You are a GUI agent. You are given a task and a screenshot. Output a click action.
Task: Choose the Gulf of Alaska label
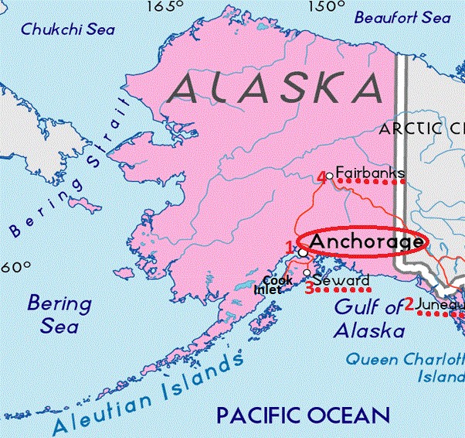pos(369,319)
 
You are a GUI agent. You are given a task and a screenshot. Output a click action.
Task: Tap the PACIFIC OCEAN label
pos(303,415)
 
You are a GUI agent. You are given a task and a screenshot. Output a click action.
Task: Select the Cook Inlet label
pos(274,285)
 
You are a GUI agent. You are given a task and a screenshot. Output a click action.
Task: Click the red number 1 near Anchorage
pos(290,247)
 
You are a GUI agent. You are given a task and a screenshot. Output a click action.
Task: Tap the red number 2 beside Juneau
pos(409,303)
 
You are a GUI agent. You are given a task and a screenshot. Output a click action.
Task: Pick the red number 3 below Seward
pos(308,289)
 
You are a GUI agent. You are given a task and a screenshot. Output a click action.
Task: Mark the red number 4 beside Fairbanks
pos(321,177)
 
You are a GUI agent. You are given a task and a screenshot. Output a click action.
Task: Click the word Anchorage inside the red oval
pos(366,241)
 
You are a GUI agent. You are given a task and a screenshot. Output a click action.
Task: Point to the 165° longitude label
pos(162,7)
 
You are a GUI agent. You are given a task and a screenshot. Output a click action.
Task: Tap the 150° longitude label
pos(324,7)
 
